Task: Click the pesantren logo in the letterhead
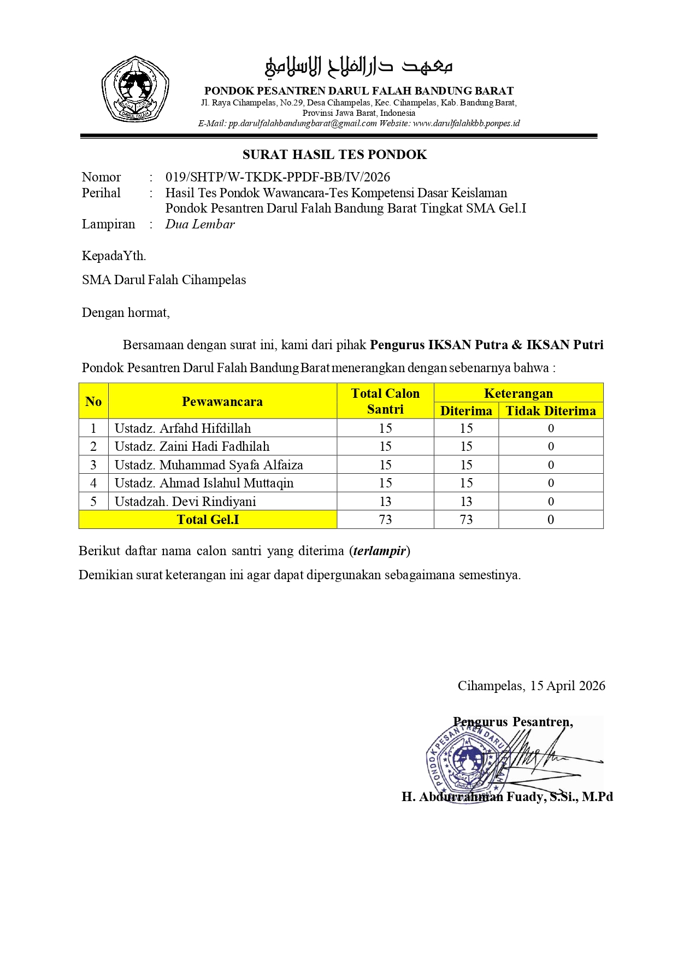click(x=135, y=89)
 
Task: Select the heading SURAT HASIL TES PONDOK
click(x=334, y=155)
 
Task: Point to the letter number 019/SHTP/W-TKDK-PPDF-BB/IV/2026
click(x=278, y=177)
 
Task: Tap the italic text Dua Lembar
click(x=200, y=224)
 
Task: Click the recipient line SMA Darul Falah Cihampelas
click(x=164, y=280)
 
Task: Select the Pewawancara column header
click(x=222, y=402)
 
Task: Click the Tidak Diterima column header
click(x=550, y=411)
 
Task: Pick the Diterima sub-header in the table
click(x=466, y=411)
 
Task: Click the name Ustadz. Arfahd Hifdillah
click(x=182, y=428)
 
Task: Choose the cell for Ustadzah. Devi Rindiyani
click(x=185, y=502)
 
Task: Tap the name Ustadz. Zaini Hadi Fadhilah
click(x=192, y=446)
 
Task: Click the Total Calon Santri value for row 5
click(x=385, y=502)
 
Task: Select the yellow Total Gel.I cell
click(x=208, y=520)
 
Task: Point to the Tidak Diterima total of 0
click(x=551, y=520)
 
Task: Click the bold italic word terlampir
click(x=380, y=551)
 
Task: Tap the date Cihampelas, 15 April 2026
click(x=531, y=686)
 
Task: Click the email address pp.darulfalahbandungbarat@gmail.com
click(x=302, y=123)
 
